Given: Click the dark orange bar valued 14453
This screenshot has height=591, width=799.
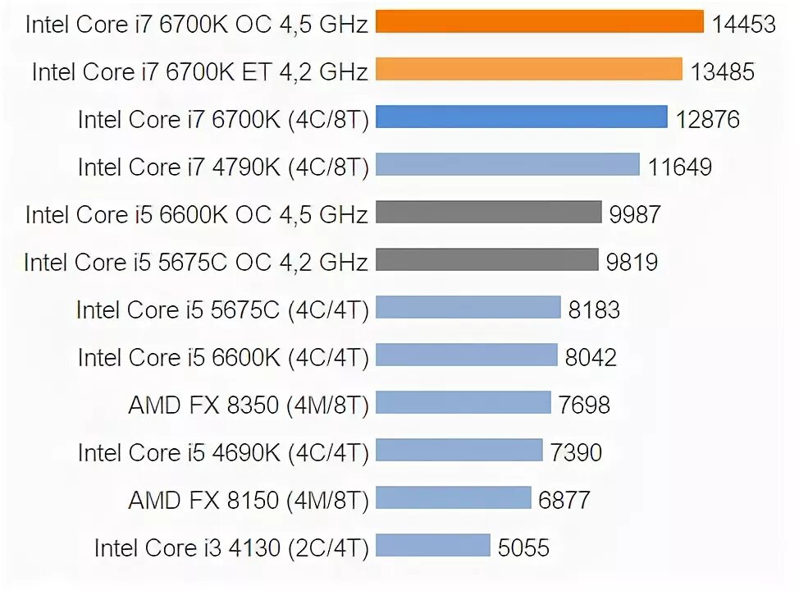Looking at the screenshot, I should pos(540,22).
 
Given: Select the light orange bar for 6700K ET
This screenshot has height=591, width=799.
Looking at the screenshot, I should pos(529,70).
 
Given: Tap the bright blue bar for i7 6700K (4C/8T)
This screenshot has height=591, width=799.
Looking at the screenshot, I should pos(522,118).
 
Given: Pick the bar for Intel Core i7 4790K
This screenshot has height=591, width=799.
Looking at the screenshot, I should pos(508,166).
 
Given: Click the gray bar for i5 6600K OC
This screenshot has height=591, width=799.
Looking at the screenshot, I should pos(489,213).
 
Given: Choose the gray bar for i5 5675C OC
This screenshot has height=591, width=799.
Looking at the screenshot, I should pos(487,261).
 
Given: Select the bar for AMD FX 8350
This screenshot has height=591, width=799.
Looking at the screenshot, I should pos(463,403).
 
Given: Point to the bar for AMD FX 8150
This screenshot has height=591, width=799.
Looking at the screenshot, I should pos(454,498).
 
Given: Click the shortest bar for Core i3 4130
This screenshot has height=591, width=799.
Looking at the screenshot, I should pos(432,546).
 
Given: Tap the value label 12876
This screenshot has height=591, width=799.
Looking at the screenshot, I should pos(708,120).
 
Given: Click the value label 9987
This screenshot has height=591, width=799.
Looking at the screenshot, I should pos(634,215).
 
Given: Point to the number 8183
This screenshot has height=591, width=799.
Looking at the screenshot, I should pos(594,310).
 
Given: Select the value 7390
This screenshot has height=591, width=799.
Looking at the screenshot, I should pos(576,451).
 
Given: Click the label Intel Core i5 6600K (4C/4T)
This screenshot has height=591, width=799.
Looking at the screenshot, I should pos(223,357).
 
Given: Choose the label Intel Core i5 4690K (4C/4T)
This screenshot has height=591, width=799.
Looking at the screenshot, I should pos(223,451).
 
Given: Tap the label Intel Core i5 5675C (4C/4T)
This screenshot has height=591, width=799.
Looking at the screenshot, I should pos(222,309).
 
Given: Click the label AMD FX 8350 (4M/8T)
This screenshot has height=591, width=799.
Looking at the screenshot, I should pos(249,404).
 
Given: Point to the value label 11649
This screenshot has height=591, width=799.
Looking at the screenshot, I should pos(679,167).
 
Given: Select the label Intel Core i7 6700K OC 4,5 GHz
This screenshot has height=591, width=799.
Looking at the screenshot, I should pos(196,24).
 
